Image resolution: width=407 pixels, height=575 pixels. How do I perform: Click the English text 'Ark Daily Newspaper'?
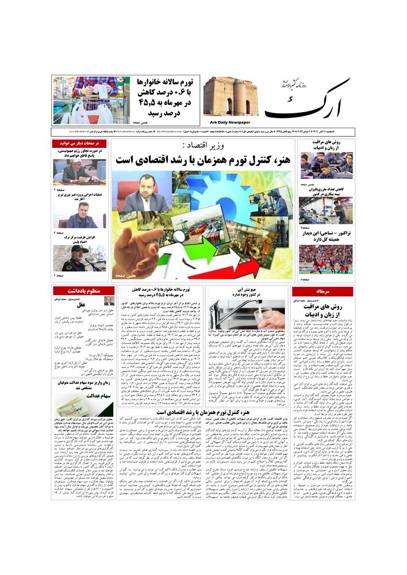point(226,122)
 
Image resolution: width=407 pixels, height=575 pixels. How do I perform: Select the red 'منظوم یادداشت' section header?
point(84,291)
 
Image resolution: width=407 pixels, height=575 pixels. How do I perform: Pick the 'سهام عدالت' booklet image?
point(84,405)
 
